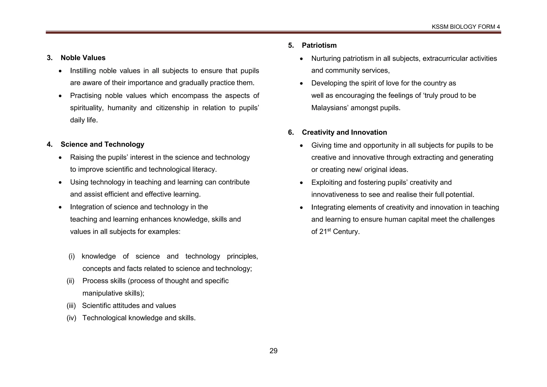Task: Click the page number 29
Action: point(273,351)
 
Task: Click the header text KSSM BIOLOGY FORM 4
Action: point(466,27)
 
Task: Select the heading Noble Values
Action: point(83,58)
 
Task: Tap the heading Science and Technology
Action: point(102,144)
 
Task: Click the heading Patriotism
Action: point(319,45)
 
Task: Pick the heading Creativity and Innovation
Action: point(344,132)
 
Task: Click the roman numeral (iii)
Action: point(71,305)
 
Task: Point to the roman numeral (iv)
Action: point(71,318)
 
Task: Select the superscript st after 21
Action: point(329,230)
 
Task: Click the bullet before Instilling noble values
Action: point(60,71)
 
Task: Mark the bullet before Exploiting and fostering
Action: point(302,183)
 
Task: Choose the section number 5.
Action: point(291,45)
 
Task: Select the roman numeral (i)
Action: point(72,256)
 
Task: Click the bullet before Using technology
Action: point(60,183)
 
